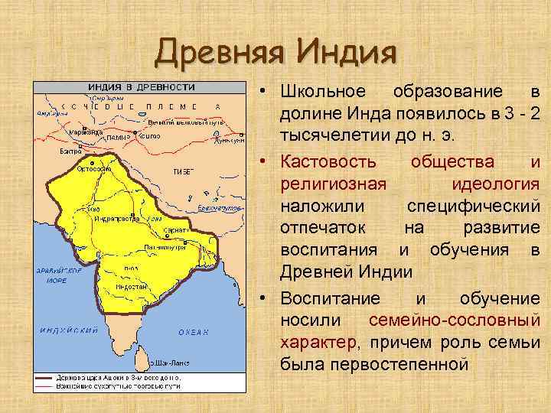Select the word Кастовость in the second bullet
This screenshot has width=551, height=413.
[x=328, y=161]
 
